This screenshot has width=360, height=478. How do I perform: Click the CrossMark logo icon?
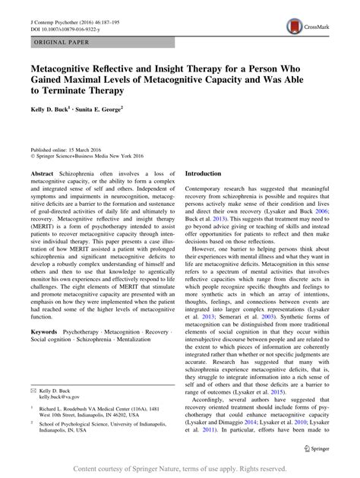tap(293, 27)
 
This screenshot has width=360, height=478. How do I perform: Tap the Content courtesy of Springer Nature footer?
tap(180, 469)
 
